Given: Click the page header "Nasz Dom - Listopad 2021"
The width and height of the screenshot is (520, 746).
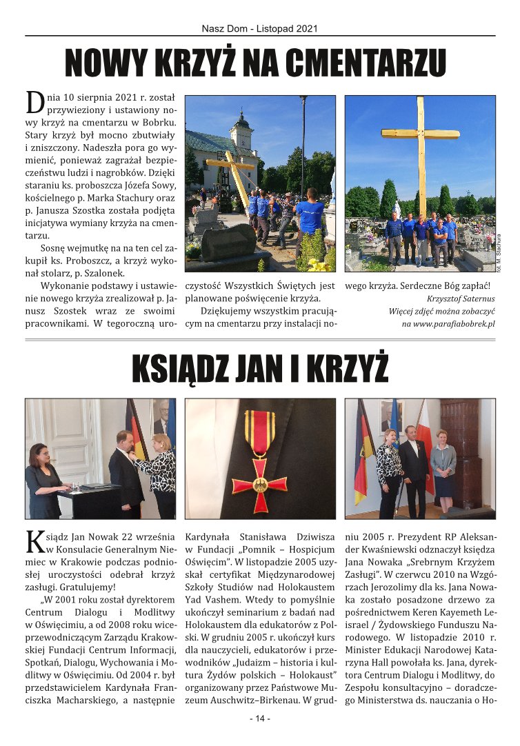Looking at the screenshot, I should tap(259, 29).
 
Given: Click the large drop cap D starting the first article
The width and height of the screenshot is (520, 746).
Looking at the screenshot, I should tap(34, 102).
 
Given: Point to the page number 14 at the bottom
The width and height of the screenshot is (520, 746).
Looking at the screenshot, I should tap(260, 718).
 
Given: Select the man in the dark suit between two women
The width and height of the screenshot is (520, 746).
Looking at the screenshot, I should tap(414, 469).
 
